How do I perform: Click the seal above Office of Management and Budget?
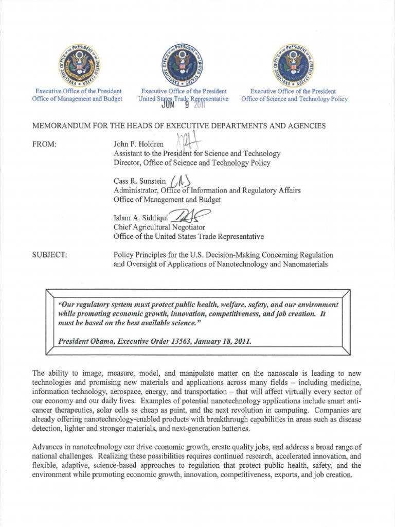pos(80,65)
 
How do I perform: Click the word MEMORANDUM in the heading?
pos(64,126)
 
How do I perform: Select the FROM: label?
pos(44,145)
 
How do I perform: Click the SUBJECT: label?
pos(49,255)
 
